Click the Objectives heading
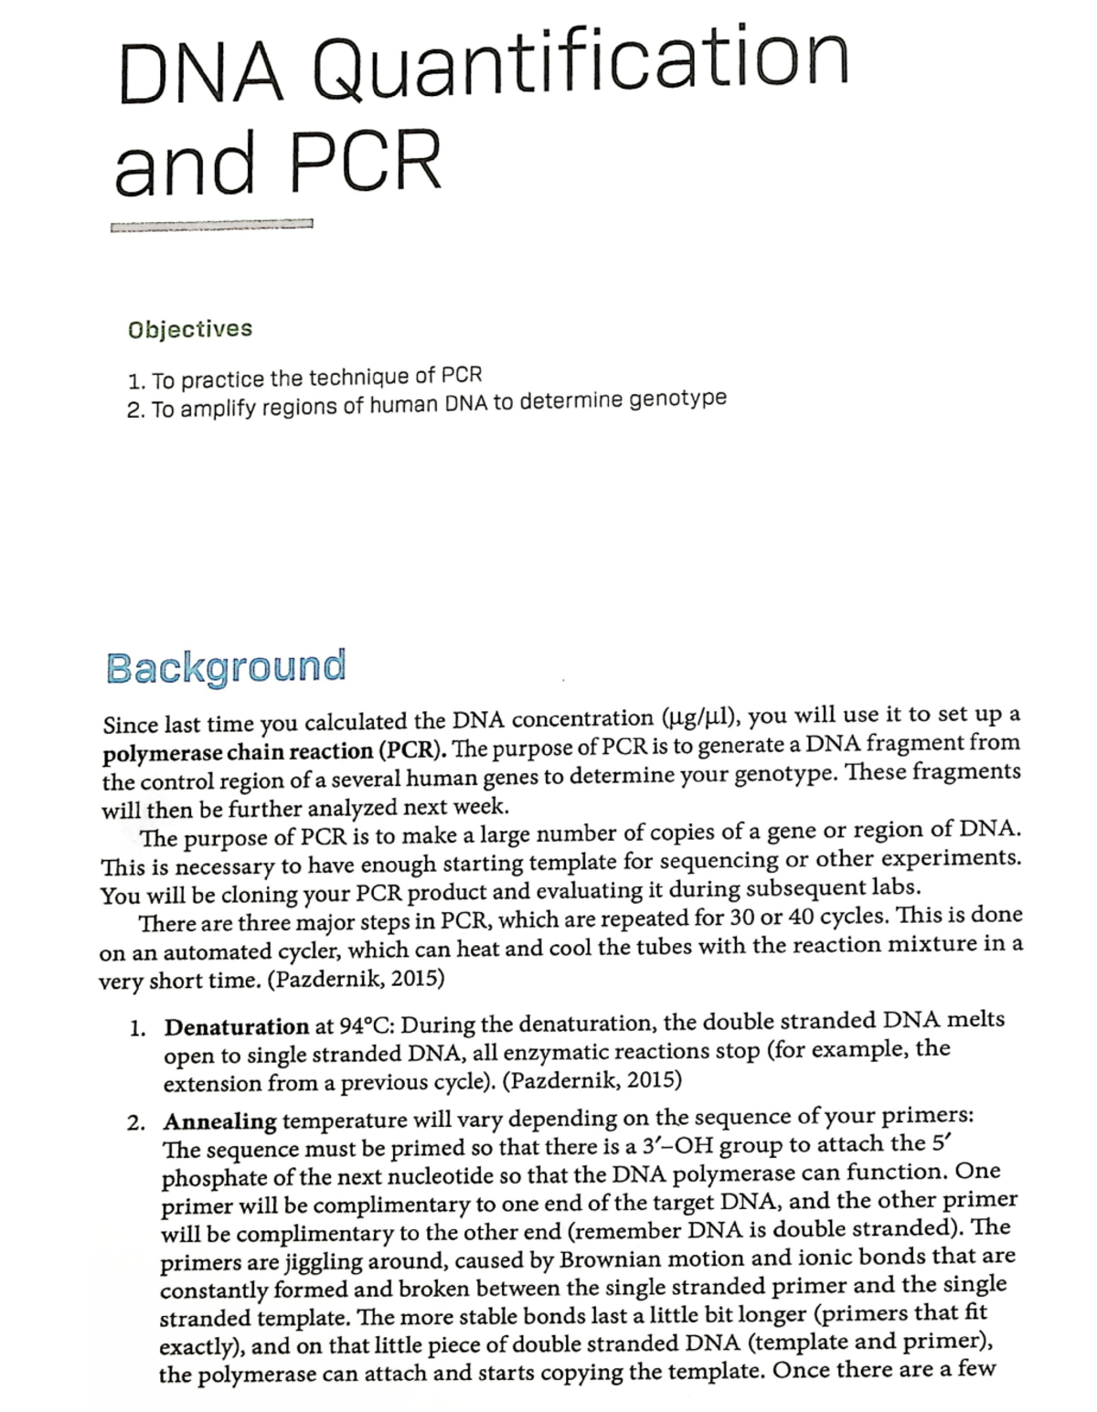click(190, 328)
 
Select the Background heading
click(226, 666)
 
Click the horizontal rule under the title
click(211, 226)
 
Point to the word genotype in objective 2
click(678, 399)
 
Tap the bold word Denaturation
click(237, 1026)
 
